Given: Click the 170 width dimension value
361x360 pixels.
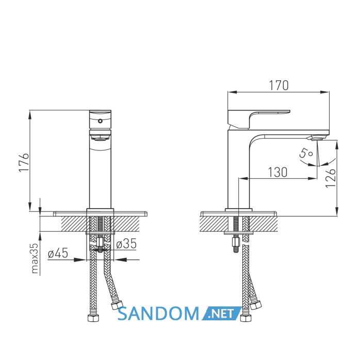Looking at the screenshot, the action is point(278,85).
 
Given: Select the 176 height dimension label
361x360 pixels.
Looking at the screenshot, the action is point(24,162).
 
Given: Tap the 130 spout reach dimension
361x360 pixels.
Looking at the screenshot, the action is point(277,173).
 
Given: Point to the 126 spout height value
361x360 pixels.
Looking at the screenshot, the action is point(331,178).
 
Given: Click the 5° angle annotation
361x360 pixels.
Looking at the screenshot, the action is point(306,152).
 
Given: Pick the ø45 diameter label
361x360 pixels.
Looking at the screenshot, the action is point(58,253).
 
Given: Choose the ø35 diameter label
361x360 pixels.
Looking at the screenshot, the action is point(126,244).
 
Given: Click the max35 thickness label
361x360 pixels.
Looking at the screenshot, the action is point(35,258).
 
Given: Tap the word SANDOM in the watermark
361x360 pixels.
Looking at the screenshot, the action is point(158,314).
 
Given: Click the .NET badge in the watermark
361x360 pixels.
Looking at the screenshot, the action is point(221,313).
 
